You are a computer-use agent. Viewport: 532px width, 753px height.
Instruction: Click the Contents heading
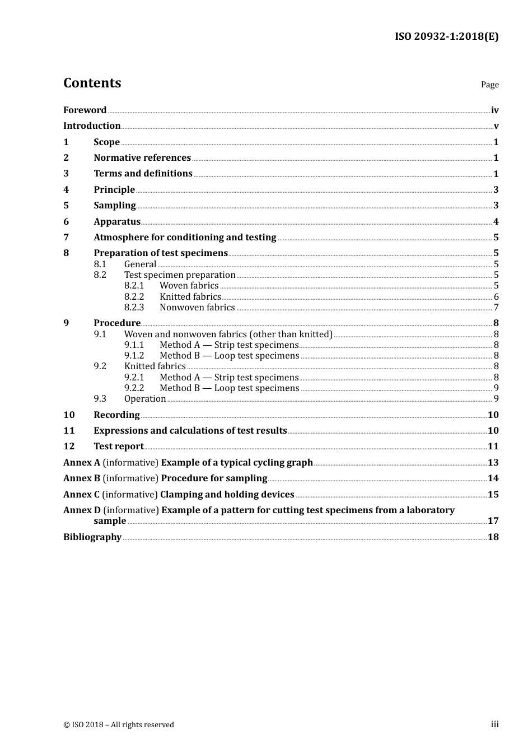(x=92, y=83)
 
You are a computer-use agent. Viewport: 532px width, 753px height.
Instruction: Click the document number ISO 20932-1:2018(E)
(x=446, y=37)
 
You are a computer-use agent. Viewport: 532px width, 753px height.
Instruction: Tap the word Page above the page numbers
(x=489, y=85)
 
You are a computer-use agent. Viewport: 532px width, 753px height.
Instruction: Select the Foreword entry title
(x=85, y=110)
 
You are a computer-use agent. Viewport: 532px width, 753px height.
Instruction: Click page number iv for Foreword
(x=494, y=110)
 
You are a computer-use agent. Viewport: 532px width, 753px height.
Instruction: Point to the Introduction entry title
(x=92, y=126)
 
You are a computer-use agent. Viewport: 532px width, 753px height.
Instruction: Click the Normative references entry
(x=142, y=158)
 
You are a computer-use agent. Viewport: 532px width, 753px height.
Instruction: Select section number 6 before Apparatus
(x=66, y=222)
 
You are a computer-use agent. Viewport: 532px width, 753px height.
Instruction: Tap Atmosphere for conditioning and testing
(x=185, y=238)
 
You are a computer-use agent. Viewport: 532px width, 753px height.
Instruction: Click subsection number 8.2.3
(x=134, y=308)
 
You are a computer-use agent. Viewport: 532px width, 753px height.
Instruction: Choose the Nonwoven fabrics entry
(x=197, y=308)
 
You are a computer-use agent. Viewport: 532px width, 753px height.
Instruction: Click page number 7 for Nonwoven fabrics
(x=496, y=308)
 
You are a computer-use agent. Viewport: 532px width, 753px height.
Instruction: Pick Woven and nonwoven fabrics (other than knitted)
(x=228, y=334)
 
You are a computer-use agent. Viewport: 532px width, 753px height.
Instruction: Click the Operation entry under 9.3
(x=145, y=399)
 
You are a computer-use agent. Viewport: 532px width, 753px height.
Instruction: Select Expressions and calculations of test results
(x=190, y=431)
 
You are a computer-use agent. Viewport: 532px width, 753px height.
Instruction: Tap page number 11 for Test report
(x=493, y=447)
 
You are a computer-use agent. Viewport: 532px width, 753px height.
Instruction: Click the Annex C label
(x=82, y=495)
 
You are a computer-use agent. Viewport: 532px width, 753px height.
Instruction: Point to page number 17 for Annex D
(x=493, y=521)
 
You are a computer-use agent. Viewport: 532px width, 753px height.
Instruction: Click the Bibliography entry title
(x=92, y=537)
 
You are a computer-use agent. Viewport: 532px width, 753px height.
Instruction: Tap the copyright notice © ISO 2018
(x=119, y=725)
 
